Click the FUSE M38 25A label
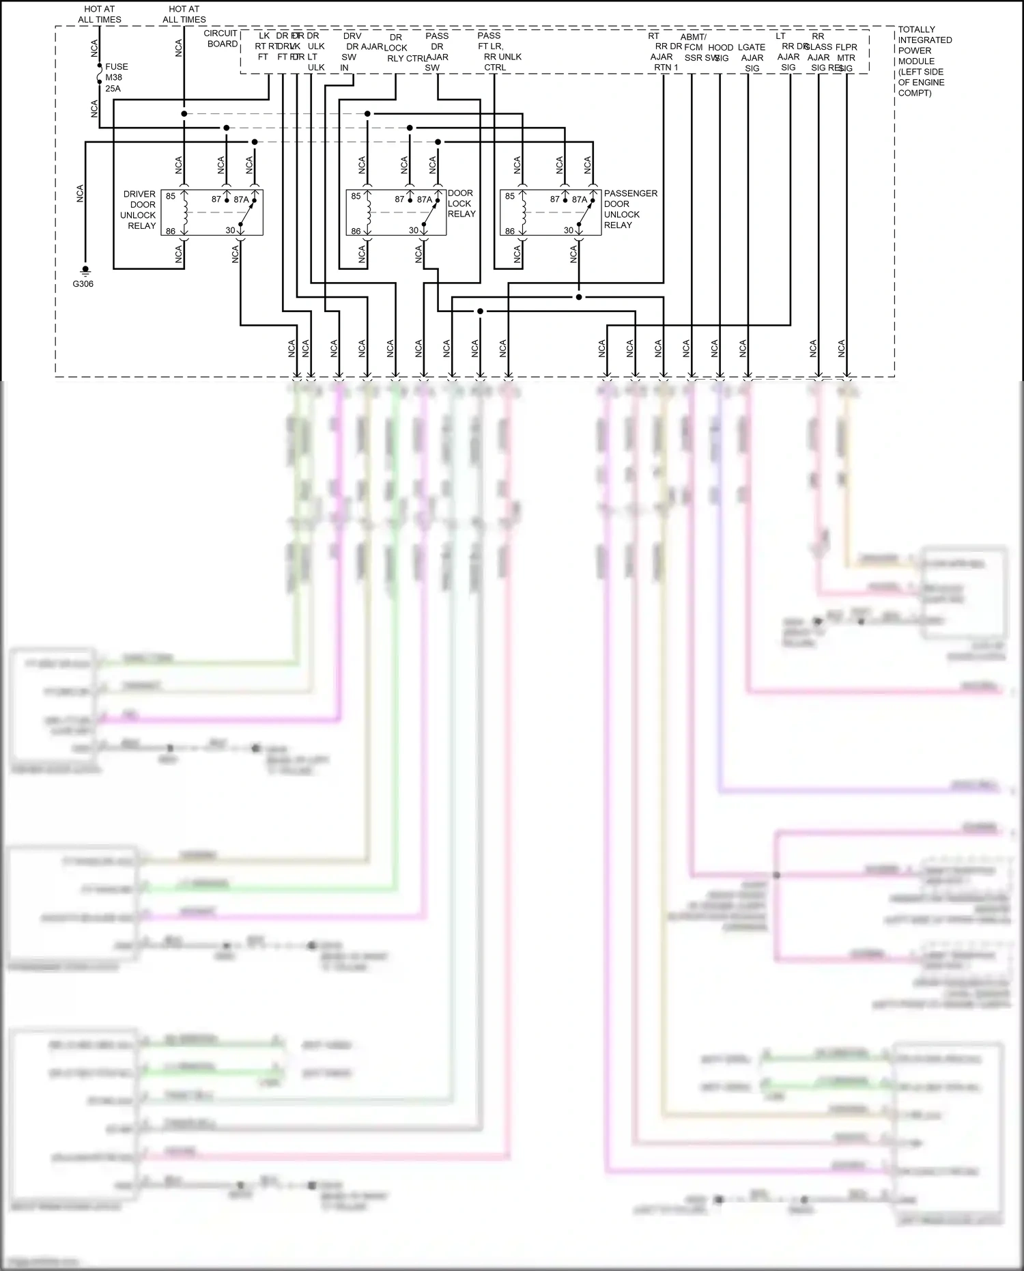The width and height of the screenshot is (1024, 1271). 116,77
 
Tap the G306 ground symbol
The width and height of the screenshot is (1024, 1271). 85,271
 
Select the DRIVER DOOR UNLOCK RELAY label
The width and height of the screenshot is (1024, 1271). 139,210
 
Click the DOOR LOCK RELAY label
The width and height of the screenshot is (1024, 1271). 461,204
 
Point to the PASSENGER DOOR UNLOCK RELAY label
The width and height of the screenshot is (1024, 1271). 630,209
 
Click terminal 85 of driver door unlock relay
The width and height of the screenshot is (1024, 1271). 171,196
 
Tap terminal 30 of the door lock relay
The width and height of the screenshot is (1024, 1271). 414,230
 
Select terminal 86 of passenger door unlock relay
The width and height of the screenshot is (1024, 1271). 509,231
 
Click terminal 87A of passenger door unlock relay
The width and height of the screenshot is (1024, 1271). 579,199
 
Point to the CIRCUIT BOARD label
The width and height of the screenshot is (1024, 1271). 222,38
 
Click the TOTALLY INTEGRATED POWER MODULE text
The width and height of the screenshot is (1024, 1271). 924,61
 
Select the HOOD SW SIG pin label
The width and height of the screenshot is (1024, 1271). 721,53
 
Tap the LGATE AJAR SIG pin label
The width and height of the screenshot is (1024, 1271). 752,57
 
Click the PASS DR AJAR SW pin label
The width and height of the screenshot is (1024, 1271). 436,51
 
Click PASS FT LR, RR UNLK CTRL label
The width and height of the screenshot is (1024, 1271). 499,51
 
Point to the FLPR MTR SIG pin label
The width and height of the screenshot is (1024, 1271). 846,57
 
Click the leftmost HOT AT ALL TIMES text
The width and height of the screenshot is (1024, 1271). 100,14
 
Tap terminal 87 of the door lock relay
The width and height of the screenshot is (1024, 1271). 399,199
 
